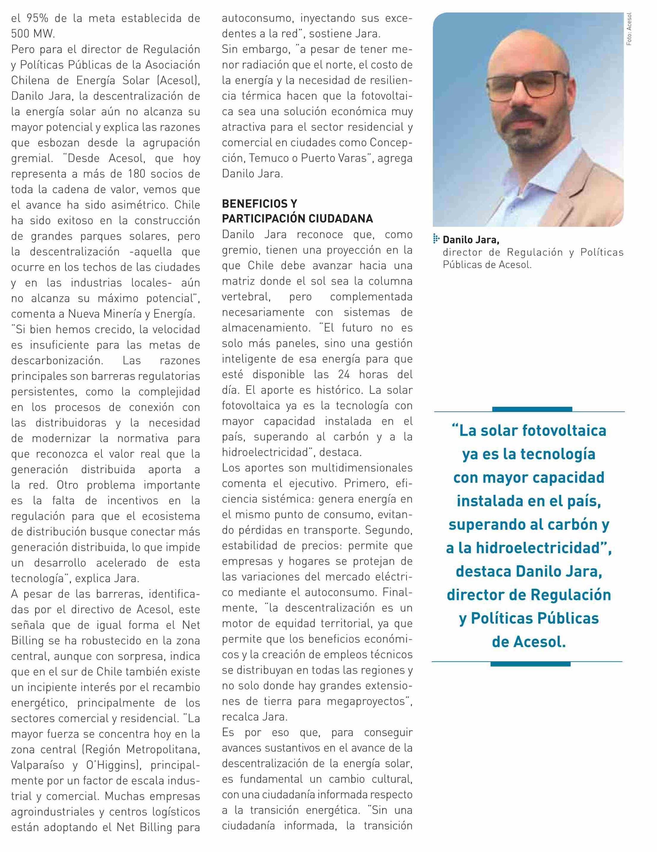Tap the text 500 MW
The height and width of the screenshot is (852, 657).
33,34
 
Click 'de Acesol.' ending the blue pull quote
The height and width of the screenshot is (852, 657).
529,642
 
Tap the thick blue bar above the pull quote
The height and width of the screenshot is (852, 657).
532,409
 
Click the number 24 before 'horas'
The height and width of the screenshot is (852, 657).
339,374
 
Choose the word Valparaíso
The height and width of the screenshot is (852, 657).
37,765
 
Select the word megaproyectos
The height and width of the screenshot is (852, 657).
366,701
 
